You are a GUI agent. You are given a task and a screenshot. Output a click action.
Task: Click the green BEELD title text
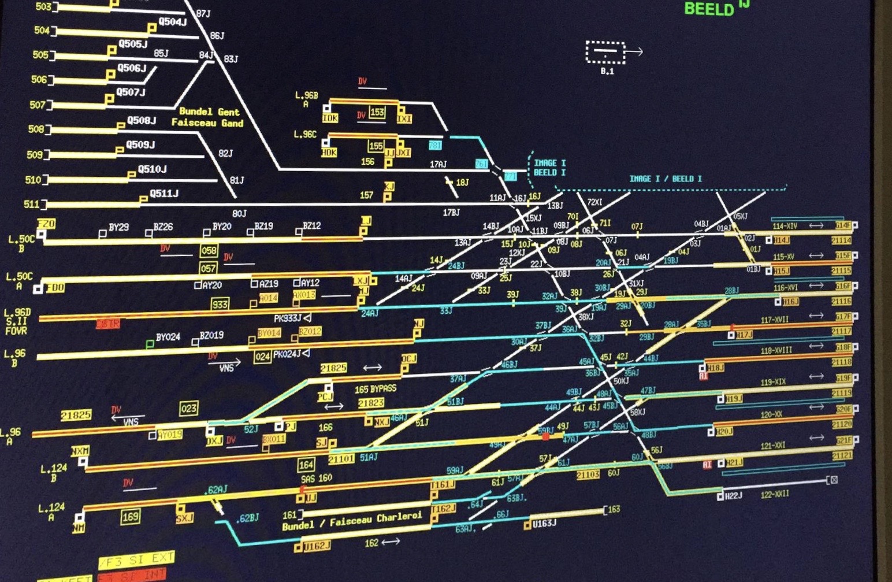(x=708, y=9)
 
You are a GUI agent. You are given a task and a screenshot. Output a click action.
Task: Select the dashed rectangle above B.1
(x=605, y=53)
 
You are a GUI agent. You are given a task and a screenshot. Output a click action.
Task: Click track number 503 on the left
(x=43, y=6)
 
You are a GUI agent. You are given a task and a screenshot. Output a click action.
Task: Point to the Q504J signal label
(x=172, y=22)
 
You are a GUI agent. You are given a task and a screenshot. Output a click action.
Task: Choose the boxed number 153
(x=377, y=112)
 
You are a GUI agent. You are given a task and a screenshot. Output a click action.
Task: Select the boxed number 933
(x=220, y=304)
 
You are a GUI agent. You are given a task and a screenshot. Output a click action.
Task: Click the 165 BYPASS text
(x=376, y=389)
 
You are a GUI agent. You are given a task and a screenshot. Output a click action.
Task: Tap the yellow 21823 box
(x=371, y=403)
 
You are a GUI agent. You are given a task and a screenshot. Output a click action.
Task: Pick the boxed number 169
(x=131, y=516)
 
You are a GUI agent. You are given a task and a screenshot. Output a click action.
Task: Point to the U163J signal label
(x=544, y=523)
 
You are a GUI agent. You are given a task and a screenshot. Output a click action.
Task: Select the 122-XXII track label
(x=774, y=494)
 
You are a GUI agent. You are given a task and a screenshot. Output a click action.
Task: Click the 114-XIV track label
(x=785, y=226)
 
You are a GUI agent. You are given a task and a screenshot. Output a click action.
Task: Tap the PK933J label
(x=288, y=318)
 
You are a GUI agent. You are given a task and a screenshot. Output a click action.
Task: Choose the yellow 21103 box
(x=588, y=475)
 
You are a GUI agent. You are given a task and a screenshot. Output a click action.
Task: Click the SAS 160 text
(x=317, y=479)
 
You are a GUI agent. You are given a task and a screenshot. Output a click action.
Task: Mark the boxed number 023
(x=188, y=409)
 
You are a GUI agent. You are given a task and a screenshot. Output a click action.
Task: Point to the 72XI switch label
(x=594, y=202)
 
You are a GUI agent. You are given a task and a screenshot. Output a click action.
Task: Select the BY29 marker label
(x=118, y=227)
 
